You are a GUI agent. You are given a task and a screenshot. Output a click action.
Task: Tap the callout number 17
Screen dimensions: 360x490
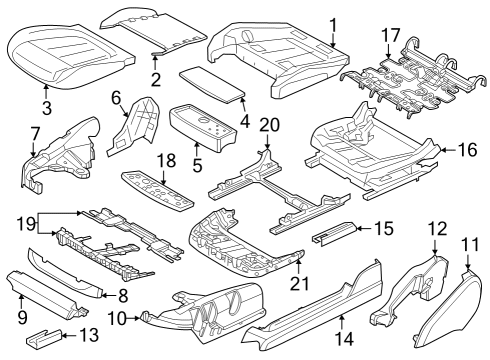(391, 36)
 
